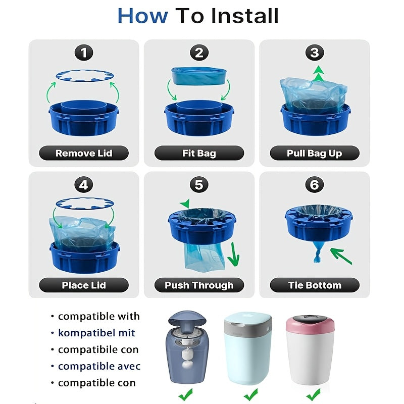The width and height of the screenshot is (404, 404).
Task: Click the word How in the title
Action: (x=142, y=16)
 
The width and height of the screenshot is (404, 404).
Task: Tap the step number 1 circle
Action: (x=84, y=53)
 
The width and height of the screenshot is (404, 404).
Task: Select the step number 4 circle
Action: (x=84, y=185)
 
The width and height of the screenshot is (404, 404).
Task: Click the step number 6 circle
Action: (x=314, y=185)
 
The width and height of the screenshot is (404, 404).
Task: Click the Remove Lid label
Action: (x=84, y=153)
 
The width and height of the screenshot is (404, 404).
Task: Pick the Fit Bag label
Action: (x=199, y=153)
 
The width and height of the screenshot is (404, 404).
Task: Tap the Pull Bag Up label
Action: (x=314, y=153)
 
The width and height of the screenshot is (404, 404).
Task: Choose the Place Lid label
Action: (x=84, y=285)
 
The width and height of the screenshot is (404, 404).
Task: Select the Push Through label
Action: (x=199, y=285)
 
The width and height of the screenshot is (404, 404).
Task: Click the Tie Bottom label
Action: (x=314, y=285)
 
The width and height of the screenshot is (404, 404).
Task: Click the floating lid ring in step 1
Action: (x=84, y=75)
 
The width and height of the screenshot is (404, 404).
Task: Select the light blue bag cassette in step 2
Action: (x=198, y=76)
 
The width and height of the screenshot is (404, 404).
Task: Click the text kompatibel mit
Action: (x=96, y=333)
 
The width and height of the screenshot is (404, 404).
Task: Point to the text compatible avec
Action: (x=99, y=366)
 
